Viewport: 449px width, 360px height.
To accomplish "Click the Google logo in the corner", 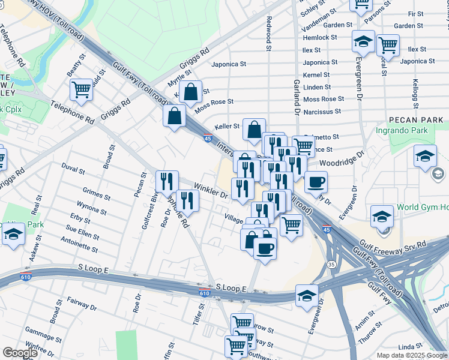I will (x=20, y=353).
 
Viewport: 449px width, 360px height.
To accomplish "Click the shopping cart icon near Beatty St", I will (x=81, y=90).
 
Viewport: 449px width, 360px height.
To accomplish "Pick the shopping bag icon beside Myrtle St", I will (x=190, y=92).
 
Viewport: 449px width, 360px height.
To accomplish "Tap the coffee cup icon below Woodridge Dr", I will (x=316, y=182).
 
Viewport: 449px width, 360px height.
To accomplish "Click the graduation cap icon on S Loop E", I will (x=307, y=296).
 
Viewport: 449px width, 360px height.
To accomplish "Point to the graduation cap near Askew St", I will (x=13, y=235).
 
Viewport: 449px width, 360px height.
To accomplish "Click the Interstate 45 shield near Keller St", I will (x=207, y=138).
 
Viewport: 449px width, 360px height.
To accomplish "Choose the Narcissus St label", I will (x=322, y=111).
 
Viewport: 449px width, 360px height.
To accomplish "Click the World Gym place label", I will (x=423, y=208).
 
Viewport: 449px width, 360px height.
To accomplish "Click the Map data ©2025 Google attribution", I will (x=412, y=355).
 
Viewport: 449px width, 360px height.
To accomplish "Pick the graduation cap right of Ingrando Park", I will (x=425, y=156).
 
